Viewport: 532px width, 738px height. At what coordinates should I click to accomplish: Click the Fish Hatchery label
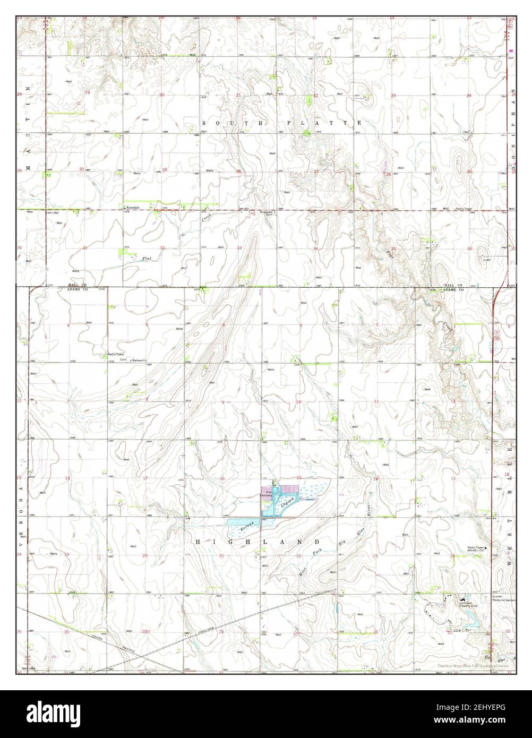[x=265, y=493]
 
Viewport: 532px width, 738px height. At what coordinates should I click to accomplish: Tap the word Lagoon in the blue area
[x=287, y=502]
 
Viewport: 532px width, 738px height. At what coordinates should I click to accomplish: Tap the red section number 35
[x=393, y=248]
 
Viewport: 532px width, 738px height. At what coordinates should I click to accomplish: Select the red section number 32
[x=162, y=248]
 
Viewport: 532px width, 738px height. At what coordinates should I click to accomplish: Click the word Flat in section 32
[x=147, y=259]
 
